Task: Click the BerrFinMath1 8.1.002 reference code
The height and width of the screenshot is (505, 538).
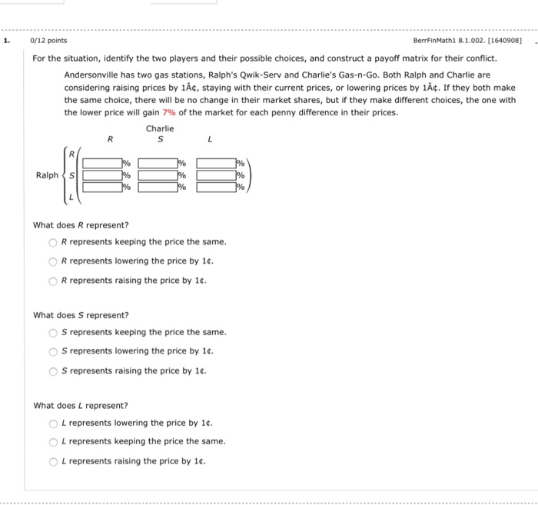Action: click(467, 41)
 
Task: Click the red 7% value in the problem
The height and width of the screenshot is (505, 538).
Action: click(170, 112)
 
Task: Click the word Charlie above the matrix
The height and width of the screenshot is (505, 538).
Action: click(160, 128)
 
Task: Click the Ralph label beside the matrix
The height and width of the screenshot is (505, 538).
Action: click(47, 175)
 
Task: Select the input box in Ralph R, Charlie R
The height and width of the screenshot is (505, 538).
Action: click(102, 163)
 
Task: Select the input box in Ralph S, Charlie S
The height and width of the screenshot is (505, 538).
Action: click(158, 175)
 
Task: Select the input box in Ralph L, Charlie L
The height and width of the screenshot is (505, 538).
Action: click(216, 187)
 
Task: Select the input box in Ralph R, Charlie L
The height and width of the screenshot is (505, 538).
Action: click(216, 163)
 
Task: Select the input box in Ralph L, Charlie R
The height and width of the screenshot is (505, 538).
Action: click(102, 187)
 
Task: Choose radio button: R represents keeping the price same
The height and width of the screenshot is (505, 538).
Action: click(53, 242)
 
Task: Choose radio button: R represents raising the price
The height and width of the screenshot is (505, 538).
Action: click(53, 281)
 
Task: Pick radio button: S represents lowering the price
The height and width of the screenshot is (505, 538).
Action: click(53, 351)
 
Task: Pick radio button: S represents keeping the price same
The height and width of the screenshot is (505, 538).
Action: click(53, 332)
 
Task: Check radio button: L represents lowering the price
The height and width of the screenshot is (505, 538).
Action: click(53, 423)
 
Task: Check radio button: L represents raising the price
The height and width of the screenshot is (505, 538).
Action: click(53, 461)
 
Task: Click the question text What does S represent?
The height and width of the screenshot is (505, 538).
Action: click(81, 315)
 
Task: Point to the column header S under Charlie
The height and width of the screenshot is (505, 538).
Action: click(160, 139)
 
